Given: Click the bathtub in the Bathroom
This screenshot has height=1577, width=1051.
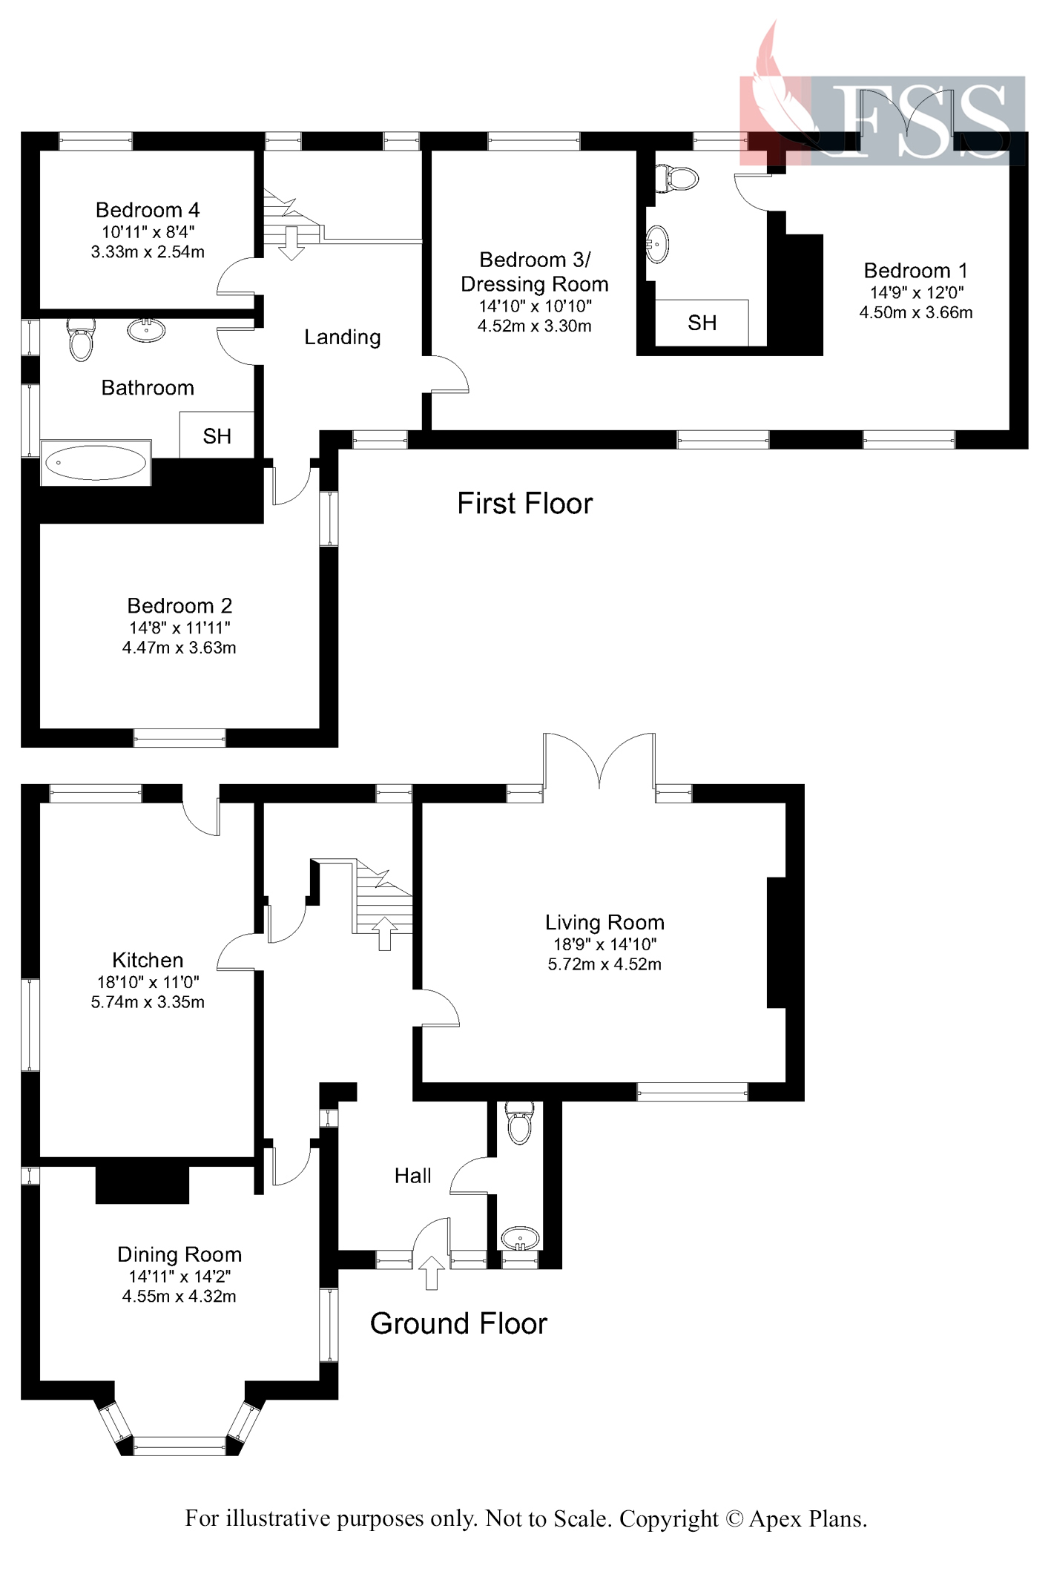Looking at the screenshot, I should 96,464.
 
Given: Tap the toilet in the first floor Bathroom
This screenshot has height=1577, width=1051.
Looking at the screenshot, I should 81,339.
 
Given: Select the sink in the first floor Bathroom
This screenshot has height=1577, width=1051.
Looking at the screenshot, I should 146,329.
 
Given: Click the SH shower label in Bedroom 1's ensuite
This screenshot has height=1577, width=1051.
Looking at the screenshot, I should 702,323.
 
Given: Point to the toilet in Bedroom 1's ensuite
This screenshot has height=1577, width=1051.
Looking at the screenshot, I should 678,178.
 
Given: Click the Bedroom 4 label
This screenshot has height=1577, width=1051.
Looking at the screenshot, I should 148,210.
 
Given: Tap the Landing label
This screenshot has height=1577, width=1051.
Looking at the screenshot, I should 342,338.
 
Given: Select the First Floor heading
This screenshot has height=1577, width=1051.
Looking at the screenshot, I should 524,504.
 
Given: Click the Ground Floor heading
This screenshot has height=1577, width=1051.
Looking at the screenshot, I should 458,1323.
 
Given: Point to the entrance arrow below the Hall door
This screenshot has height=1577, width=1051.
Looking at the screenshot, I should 432,1272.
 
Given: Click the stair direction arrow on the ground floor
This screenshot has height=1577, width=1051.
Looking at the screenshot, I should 384,933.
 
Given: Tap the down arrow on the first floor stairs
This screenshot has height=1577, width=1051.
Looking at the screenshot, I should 291,243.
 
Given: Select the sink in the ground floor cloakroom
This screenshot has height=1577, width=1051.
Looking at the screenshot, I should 520,1238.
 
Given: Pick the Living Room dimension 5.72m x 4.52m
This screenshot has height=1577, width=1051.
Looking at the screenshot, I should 604,964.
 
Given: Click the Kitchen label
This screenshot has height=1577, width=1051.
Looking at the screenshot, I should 148,960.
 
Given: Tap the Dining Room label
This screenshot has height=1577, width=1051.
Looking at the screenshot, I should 179,1254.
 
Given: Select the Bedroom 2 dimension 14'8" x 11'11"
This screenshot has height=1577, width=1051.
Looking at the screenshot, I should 179,628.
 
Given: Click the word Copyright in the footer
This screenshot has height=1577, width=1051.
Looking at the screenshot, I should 668,1518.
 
